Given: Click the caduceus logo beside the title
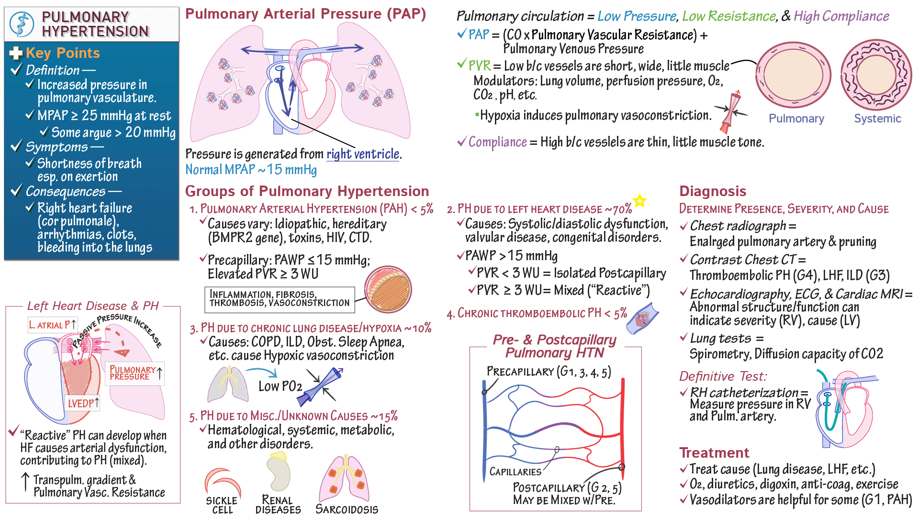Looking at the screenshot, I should click(x=22, y=24).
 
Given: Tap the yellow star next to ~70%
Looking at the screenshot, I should click(x=639, y=201).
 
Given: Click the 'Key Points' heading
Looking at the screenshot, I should click(x=63, y=53).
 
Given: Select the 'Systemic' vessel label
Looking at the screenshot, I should click(x=877, y=119).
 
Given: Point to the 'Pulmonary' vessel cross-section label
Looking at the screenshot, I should click(x=796, y=119).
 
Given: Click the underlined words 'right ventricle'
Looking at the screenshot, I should click(x=363, y=154).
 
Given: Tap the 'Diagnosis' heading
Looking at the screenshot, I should click(x=713, y=191).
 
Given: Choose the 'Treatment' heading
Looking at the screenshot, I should click(x=714, y=452).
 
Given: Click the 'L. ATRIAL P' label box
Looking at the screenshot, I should click(x=52, y=325).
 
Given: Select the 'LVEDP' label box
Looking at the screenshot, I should click(x=83, y=403).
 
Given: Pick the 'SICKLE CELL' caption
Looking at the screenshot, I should click(x=222, y=505).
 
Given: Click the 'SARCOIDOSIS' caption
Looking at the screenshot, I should click(x=347, y=509).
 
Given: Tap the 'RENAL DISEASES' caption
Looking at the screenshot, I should click(x=278, y=505).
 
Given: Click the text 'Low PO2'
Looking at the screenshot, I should click(x=280, y=386).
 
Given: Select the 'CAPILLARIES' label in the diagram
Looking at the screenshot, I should click(x=515, y=472).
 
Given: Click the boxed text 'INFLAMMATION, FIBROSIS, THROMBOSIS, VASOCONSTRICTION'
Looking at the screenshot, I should click(x=280, y=299).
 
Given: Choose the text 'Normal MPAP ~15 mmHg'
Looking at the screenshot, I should click(x=251, y=170).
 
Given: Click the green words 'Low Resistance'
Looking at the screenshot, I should click(x=728, y=16).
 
